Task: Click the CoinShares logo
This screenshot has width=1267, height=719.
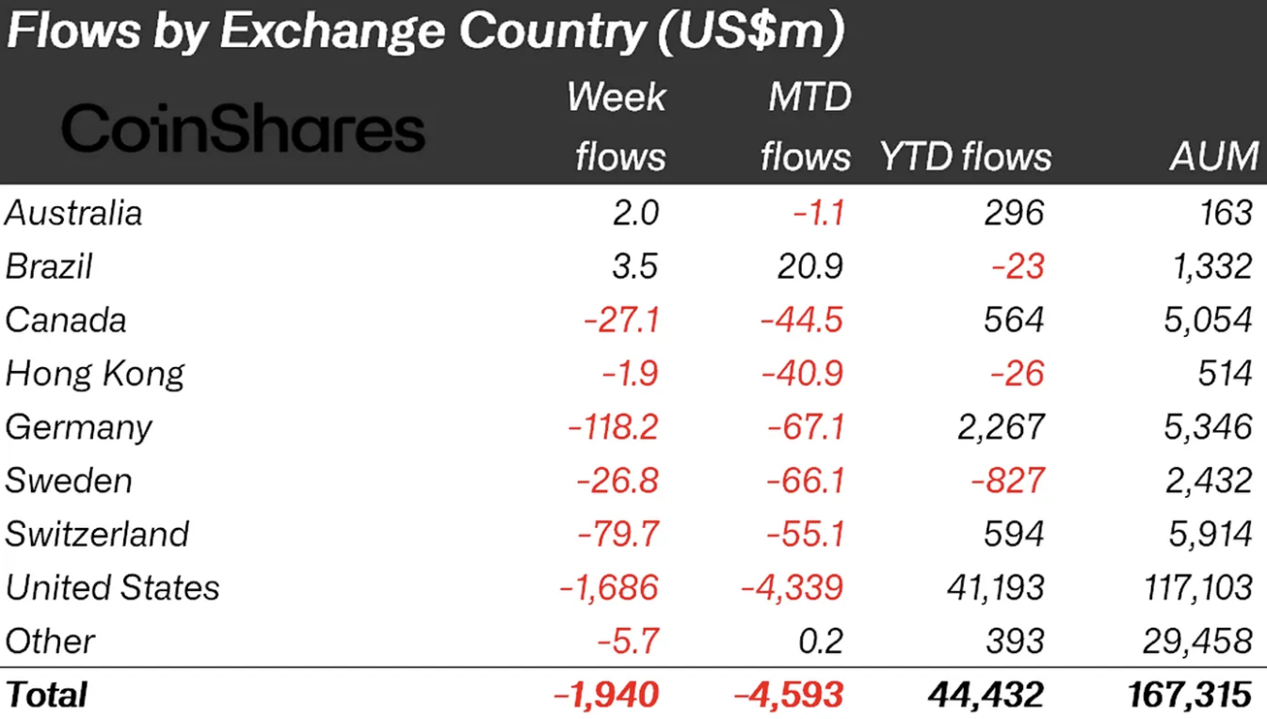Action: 243,129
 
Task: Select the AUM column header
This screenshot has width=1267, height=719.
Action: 1214,156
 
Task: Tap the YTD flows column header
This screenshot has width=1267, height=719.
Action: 965,156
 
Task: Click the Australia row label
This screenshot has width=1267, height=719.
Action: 73,213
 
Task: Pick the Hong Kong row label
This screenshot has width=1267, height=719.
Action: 95,374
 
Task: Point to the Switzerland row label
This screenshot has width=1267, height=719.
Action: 97,534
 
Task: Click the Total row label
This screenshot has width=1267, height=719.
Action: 46,695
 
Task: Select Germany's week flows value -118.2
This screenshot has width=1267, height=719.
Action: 613,427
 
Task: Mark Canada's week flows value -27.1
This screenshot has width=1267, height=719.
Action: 620,320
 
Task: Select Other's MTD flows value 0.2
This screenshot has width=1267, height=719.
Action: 822,642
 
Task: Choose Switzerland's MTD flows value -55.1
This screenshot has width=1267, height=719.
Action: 802,534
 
